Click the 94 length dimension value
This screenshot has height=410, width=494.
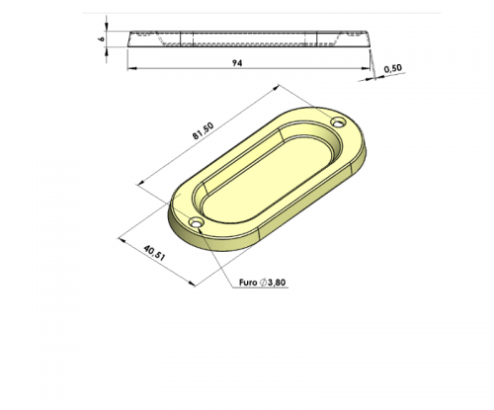click(x=237, y=63)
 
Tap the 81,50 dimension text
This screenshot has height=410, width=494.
click(x=204, y=130)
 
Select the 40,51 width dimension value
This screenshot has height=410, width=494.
click(x=154, y=253)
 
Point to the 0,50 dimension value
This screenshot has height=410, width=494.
click(x=393, y=68)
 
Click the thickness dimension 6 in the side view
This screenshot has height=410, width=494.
click(x=102, y=39)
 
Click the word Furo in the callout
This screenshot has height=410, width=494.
click(x=248, y=283)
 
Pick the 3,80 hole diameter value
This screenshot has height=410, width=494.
click(x=277, y=283)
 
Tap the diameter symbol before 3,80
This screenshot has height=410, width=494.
click(x=263, y=283)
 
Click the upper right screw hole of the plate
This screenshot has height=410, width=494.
click(x=339, y=123)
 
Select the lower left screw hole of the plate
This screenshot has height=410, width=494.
click(x=197, y=223)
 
